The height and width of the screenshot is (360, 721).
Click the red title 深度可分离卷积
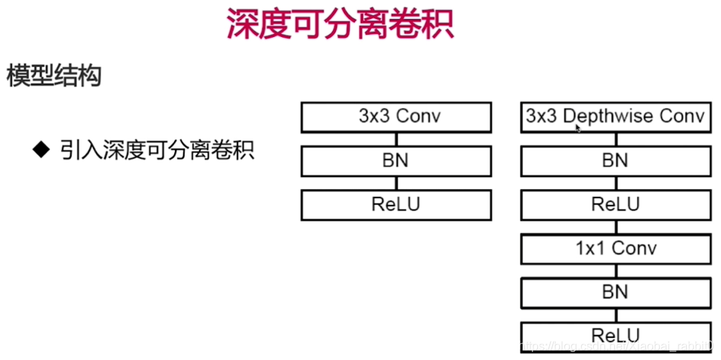pos(340,25)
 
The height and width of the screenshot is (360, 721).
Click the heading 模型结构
pos(54,76)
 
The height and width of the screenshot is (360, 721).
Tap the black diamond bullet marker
pos(40,148)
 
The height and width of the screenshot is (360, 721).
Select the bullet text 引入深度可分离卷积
pos(157,149)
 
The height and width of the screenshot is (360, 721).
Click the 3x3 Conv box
pos(396,117)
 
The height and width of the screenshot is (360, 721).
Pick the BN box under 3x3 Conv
pos(396,161)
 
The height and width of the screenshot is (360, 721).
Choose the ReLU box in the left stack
pos(396,205)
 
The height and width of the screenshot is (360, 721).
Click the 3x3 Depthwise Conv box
pos(615,117)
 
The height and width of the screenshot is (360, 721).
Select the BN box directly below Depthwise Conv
pos(615,161)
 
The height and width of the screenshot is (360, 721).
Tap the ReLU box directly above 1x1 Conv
pos(615,205)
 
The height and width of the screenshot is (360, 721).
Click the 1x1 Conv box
pos(615,249)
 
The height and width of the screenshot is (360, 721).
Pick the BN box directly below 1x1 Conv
pos(615,293)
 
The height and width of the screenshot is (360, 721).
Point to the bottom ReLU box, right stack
pos(615,336)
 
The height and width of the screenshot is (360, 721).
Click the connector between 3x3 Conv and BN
pos(396,139)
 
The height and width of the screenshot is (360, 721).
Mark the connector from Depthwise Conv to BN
pos(615,139)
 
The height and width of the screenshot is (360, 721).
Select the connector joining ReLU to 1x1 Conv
pos(615,227)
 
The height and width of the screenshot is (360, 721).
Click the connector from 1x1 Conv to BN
pos(615,271)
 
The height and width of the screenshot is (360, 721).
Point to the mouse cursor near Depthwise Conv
pos(579,129)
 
